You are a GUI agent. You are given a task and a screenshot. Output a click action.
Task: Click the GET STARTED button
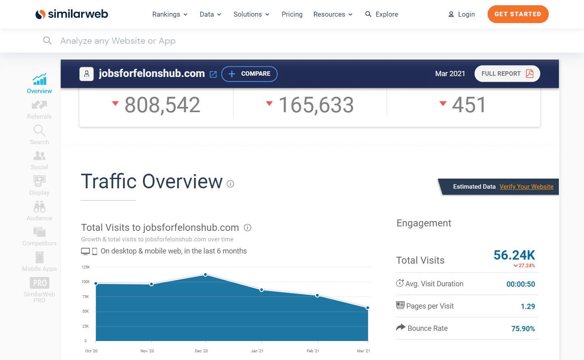[518, 14]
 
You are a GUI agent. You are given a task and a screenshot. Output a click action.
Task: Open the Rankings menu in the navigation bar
[170, 14]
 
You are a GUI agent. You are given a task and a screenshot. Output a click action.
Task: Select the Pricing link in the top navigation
[292, 14]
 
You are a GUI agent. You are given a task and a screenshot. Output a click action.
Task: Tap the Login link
[462, 14]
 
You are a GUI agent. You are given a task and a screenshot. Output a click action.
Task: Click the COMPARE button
[249, 74]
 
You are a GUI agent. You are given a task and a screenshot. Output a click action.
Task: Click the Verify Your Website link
[526, 187]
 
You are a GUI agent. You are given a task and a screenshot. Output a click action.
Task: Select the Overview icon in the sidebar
[39, 79]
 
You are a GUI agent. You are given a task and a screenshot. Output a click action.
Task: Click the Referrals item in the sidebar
[39, 110]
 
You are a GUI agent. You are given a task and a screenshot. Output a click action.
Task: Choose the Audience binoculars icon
[39, 207]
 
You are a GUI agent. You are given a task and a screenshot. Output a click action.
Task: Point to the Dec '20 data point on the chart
[206, 275]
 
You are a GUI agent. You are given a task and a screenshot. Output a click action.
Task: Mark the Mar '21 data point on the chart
[368, 308]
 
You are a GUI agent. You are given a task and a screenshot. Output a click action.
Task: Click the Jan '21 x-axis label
[257, 351]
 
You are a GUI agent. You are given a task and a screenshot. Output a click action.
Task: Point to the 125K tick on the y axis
[86, 267]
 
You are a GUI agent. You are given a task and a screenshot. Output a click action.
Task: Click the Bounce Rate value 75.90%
[523, 329]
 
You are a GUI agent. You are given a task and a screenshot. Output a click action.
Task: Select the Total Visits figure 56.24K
[514, 255]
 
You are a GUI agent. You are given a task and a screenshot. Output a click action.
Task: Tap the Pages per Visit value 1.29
[528, 307]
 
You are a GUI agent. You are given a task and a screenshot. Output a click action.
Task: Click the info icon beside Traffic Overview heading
[231, 184]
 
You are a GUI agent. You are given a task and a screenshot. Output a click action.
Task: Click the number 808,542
[162, 105]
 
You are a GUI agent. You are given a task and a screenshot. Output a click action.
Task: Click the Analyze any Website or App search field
[118, 41]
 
